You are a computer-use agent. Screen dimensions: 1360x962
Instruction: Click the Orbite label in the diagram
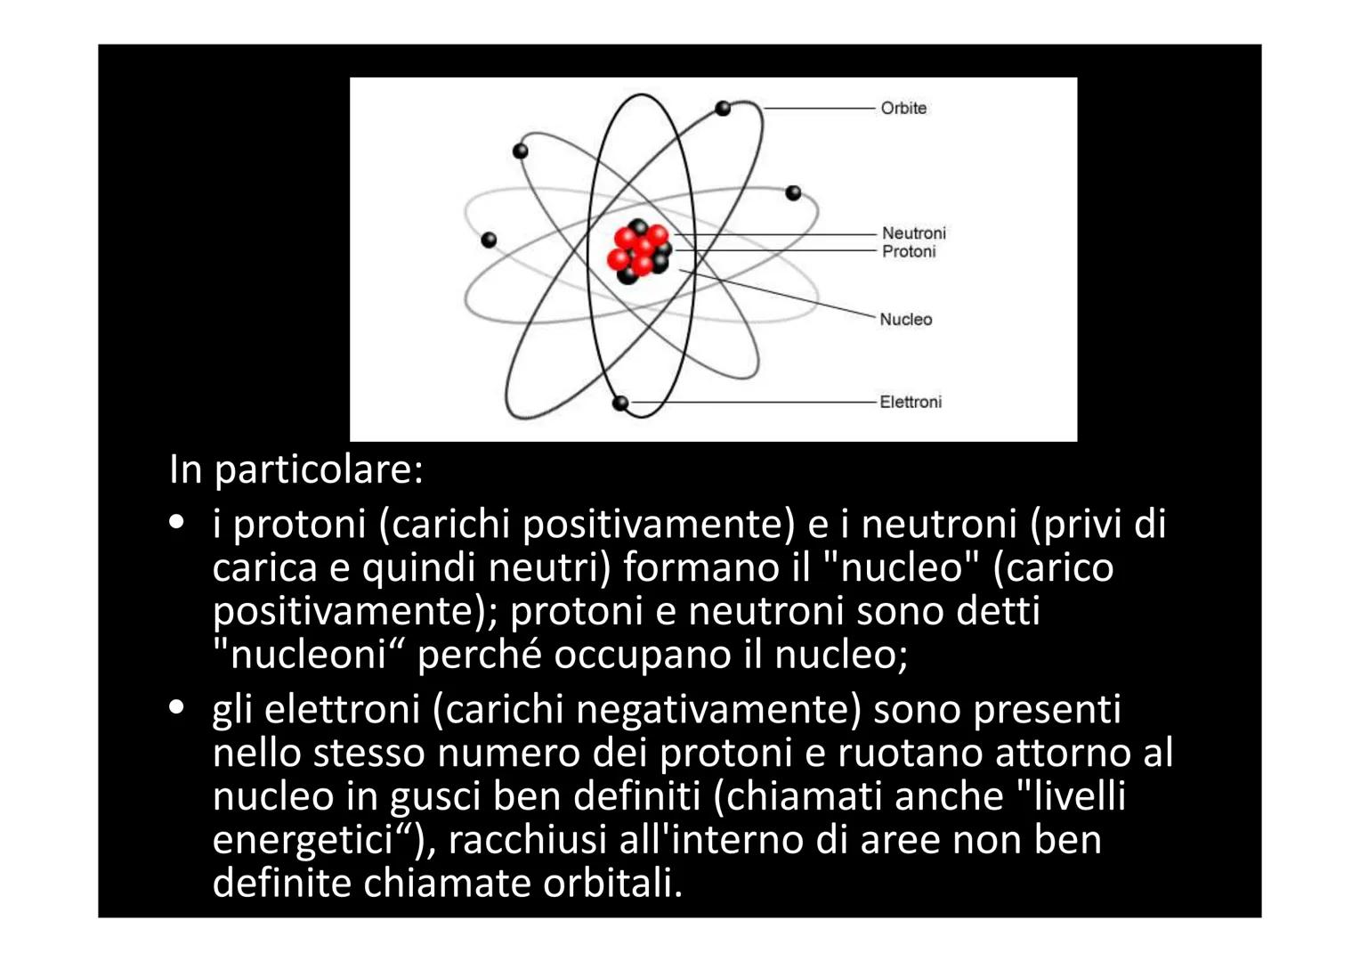point(903,108)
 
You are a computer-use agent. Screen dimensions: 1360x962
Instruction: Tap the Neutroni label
point(913,232)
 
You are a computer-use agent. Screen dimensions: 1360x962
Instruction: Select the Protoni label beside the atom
point(909,252)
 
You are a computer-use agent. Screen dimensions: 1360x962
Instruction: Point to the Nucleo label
point(905,319)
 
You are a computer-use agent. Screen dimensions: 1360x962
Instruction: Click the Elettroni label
point(910,402)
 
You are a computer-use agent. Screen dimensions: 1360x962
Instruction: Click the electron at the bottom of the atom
point(620,403)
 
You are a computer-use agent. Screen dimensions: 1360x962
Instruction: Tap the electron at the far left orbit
point(488,240)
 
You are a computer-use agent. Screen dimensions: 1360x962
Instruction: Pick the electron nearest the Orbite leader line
point(723,108)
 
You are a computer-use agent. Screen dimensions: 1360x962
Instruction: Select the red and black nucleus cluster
point(640,250)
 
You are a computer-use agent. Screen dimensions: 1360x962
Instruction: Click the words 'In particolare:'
point(295,469)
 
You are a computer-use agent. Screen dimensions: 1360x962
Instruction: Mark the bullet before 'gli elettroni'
point(177,708)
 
